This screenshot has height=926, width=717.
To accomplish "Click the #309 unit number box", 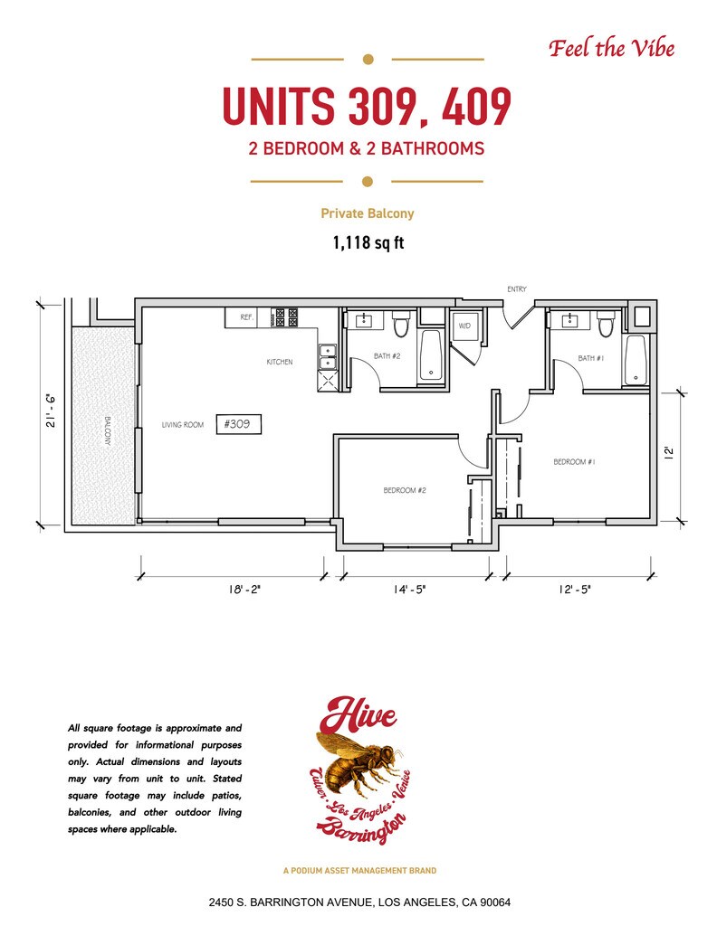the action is point(239,424).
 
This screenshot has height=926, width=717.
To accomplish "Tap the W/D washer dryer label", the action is point(464,326).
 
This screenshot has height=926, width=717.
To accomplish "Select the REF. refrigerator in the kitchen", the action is point(246,317).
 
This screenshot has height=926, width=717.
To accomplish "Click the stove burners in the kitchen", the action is point(286,317).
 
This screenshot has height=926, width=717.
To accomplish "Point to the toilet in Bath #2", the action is point(401,324).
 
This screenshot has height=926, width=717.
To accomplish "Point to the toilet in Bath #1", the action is point(606,324).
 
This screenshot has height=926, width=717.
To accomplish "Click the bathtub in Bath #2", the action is point(431,355).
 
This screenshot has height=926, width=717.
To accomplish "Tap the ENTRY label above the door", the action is point(517,288).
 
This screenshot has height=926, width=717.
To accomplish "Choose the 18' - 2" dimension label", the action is point(244,589).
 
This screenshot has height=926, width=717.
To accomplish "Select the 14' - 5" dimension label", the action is point(409,589).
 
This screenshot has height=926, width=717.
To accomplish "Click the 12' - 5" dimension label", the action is point(575,589).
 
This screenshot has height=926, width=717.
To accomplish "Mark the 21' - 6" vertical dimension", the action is point(52,411).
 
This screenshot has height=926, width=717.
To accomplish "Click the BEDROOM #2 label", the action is point(405,490).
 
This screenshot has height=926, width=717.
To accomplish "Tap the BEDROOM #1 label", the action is point(574,462).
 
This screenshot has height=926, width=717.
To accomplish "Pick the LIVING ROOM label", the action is point(183,425).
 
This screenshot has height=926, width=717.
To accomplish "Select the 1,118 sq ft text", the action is point(368,242).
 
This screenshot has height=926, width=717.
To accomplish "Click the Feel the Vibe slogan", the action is point(612,48).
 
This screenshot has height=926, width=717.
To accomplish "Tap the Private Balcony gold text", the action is point(367,213).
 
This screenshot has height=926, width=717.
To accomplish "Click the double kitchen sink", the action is point(327,357).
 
